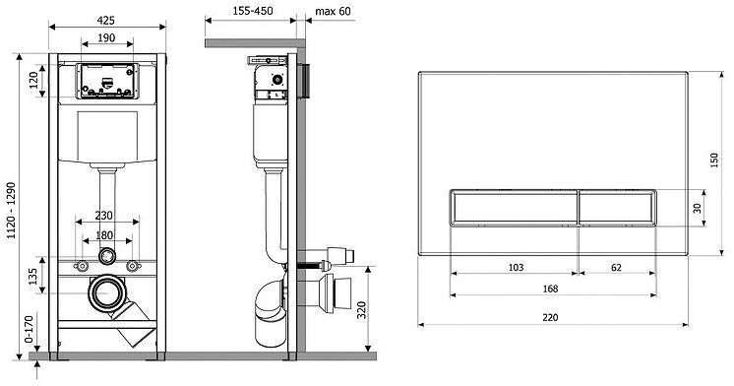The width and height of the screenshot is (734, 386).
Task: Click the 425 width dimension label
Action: point(106,21)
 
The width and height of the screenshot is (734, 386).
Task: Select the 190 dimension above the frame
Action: point(106,38)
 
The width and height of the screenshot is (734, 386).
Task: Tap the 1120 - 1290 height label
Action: point(11,211)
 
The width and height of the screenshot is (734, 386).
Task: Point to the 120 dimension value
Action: point(33,81)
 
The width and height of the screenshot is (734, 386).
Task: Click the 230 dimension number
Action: point(104,215)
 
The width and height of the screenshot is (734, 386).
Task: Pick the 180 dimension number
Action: point(104,235)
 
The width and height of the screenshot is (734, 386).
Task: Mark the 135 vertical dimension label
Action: point(33,277)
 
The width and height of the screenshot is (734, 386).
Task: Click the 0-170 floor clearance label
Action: point(29,330)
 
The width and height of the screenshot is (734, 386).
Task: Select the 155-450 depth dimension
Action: point(253,11)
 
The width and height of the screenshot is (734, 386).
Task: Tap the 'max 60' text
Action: point(333,11)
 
